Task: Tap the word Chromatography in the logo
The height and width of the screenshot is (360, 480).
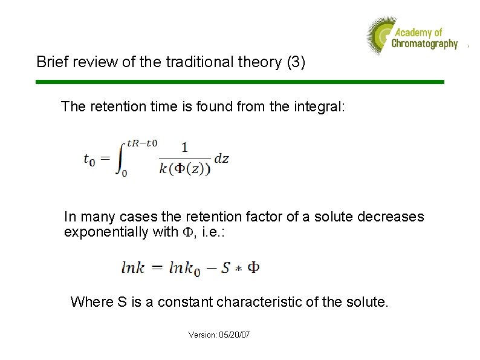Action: [x=424, y=44]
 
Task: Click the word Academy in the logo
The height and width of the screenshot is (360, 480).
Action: [x=411, y=32]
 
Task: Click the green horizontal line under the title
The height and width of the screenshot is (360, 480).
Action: [x=240, y=82]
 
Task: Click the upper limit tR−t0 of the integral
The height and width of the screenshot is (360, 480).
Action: [x=142, y=143]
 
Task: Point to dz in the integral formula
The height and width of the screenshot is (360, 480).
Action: [x=221, y=159]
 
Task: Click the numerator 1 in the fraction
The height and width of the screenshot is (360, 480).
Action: [x=184, y=147]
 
